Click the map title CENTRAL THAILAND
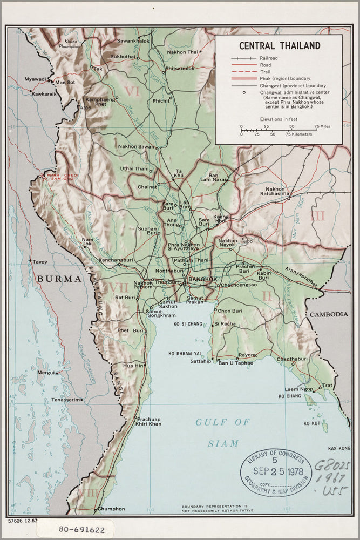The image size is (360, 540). [x=279, y=46]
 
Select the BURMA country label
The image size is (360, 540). [x=59, y=279]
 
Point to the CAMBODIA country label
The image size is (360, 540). [x=328, y=314]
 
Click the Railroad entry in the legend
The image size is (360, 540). [x=269, y=58]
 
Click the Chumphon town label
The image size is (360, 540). [x=111, y=509]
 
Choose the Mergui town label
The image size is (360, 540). [x=46, y=373]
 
